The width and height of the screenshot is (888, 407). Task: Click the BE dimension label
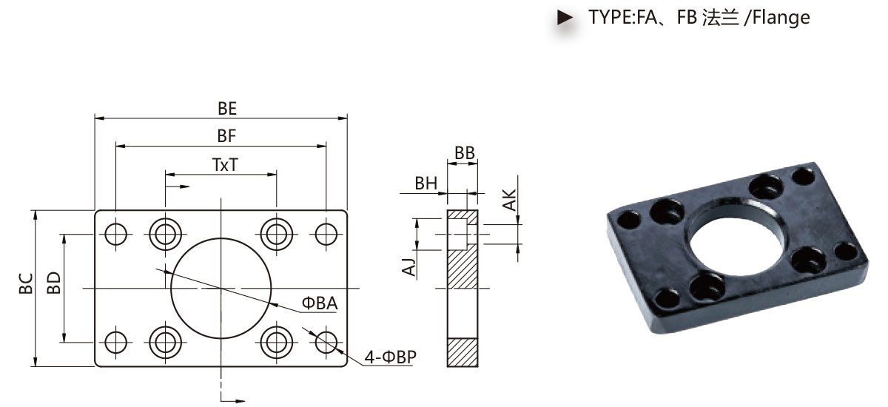[x=227, y=109]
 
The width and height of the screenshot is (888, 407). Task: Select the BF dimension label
[x=226, y=136]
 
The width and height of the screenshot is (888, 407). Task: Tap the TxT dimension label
[x=225, y=165]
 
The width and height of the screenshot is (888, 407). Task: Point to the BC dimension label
[x=26, y=283]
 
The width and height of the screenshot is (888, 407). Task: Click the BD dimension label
[x=54, y=283]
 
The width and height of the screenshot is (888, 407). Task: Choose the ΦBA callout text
[x=320, y=303]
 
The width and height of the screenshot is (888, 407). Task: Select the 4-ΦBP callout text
[x=391, y=357]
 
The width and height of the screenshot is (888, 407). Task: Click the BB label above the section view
[x=465, y=153]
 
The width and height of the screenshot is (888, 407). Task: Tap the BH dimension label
[x=426, y=184]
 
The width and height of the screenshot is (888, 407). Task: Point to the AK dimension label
[x=509, y=199]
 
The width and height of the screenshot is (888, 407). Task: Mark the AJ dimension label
[x=409, y=266]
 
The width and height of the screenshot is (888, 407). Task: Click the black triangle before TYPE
[x=565, y=18]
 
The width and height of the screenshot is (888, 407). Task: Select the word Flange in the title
[x=781, y=18]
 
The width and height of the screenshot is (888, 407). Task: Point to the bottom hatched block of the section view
[x=462, y=352]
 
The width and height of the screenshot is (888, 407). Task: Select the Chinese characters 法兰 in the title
[x=720, y=18]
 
